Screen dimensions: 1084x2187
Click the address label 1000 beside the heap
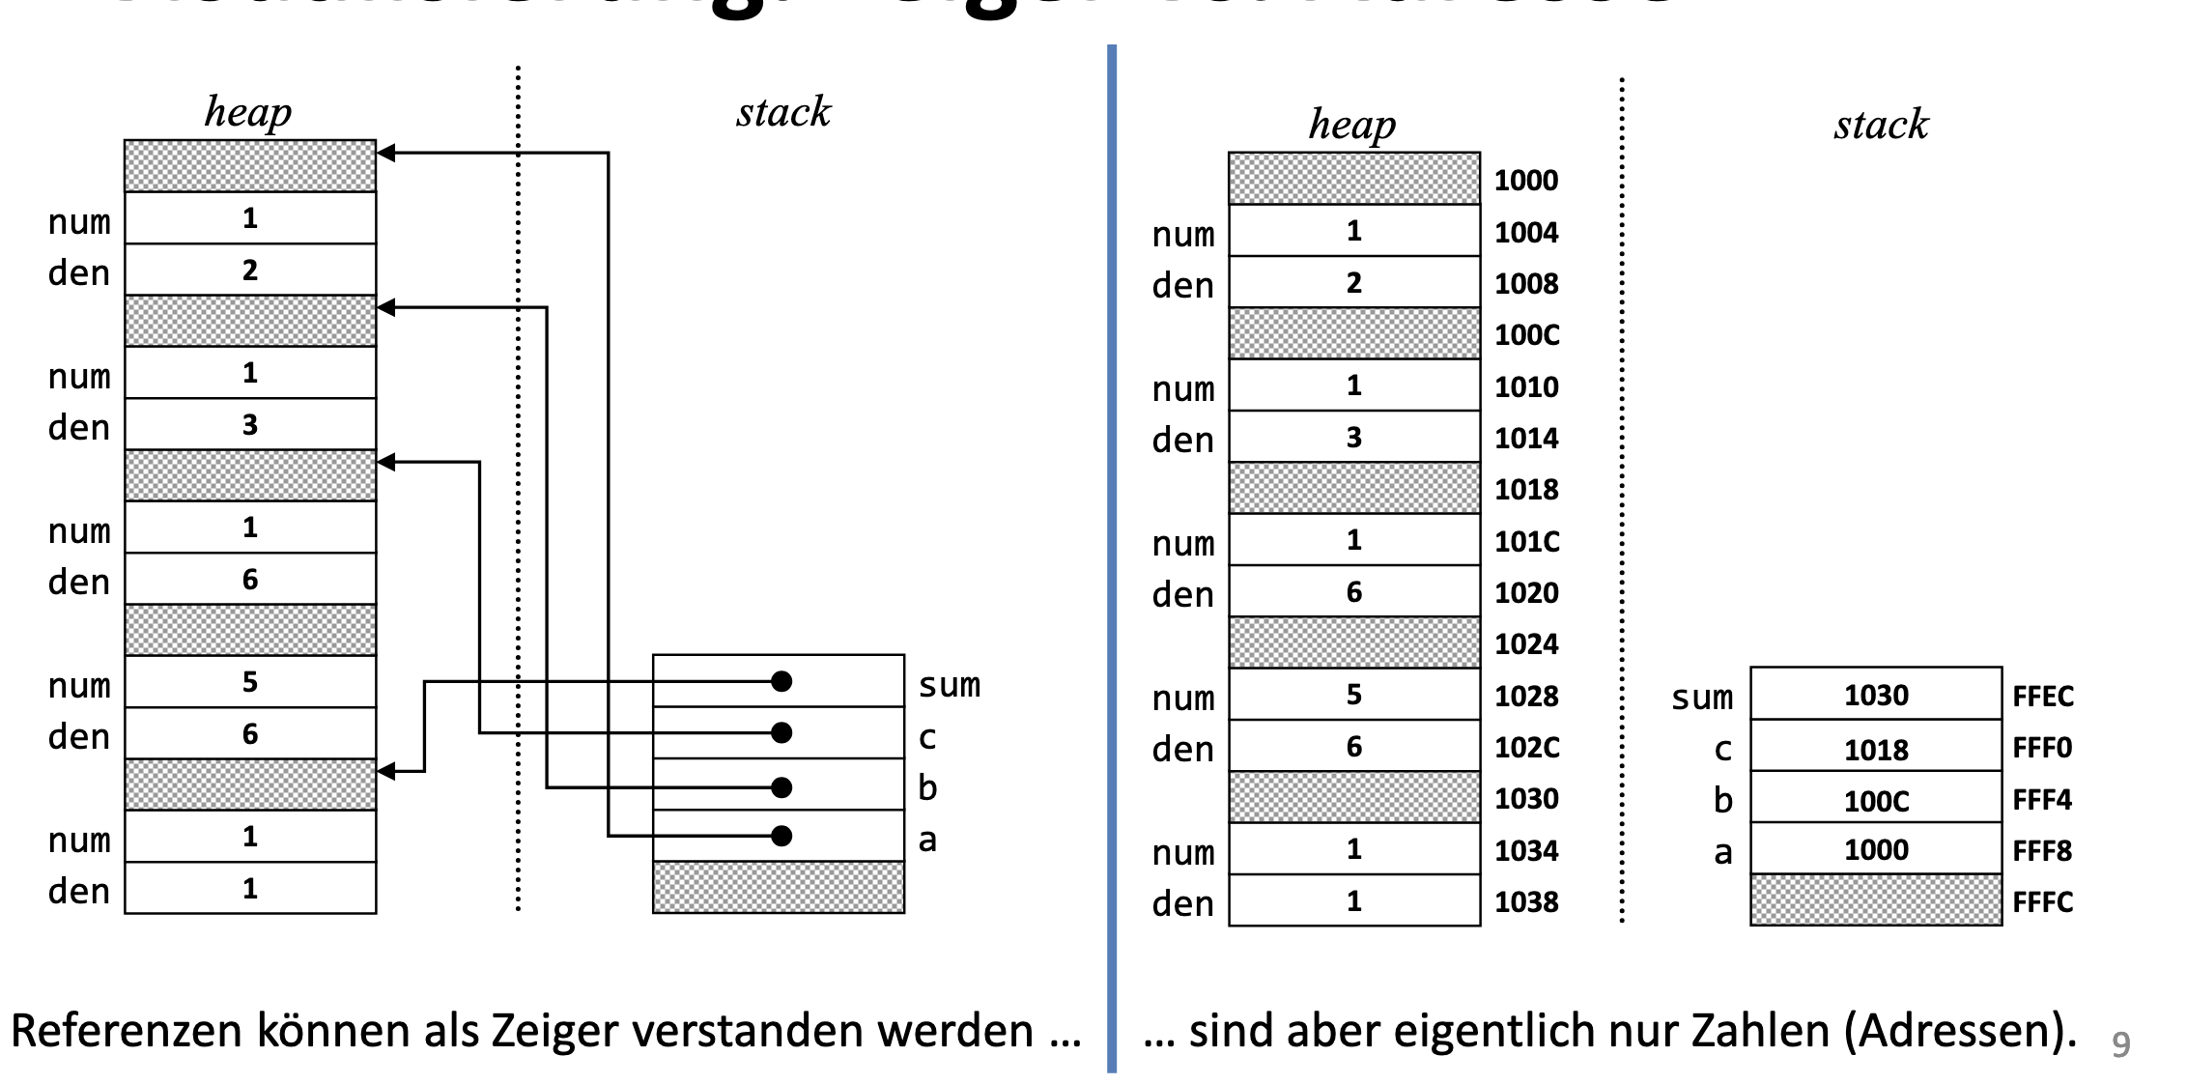pos(1525,181)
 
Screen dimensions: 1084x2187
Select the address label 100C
pos(1526,335)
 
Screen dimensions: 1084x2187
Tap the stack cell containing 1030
pos(1875,695)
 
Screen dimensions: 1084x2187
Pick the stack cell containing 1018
pos(1875,749)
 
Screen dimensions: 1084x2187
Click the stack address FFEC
pos(2042,697)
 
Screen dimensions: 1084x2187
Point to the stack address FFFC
pos(2042,902)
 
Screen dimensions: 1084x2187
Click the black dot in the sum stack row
pos(781,682)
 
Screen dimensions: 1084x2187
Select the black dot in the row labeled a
pos(781,836)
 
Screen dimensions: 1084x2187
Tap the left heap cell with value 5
pos(250,682)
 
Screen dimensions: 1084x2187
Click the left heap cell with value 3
pos(250,424)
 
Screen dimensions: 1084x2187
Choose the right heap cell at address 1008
pos(1353,283)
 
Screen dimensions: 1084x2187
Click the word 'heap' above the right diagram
pos(1351,125)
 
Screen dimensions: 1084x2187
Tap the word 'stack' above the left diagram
pos(782,112)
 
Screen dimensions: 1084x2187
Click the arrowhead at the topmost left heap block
pos(386,153)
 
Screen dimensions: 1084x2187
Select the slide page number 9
pos(2120,1044)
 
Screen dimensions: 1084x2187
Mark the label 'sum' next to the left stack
pos(949,685)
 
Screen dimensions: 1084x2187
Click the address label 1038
pos(1526,902)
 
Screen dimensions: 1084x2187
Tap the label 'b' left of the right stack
pos(1722,800)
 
